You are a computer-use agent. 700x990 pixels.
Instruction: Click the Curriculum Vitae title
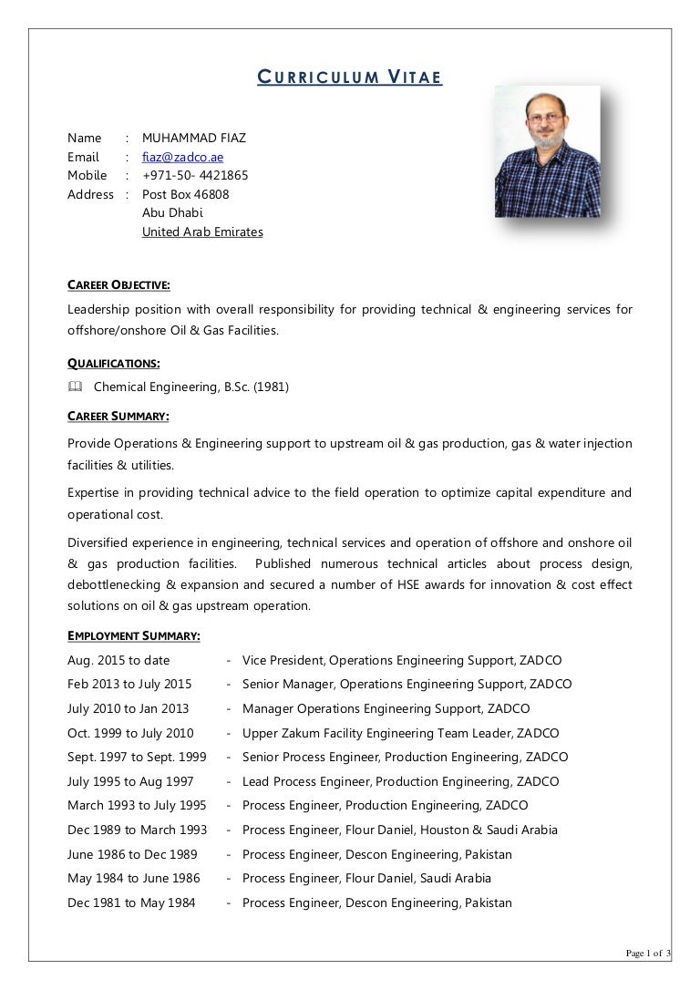(x=349, y=78)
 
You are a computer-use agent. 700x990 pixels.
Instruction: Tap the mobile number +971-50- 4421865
(x=195, y=175)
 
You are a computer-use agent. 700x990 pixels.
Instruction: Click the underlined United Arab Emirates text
(x=202, y=232)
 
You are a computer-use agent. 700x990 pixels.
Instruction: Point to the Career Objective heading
(x=118, y=285)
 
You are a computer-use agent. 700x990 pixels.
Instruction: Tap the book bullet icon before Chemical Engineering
(x=75, y=387)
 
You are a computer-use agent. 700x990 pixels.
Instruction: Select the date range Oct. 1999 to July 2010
(x=130, y=733)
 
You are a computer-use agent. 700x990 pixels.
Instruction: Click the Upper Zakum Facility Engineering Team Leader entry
(x=401, y=733)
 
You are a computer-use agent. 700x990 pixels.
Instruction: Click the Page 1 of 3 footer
(x=647, y=954)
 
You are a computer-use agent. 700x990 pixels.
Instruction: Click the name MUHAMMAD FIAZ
(x=194, y=139)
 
